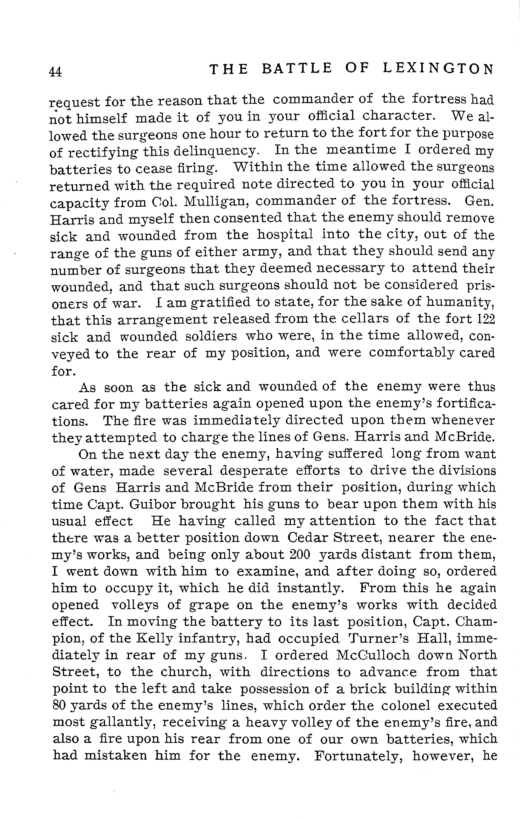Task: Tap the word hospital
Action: [x=285, y=235]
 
